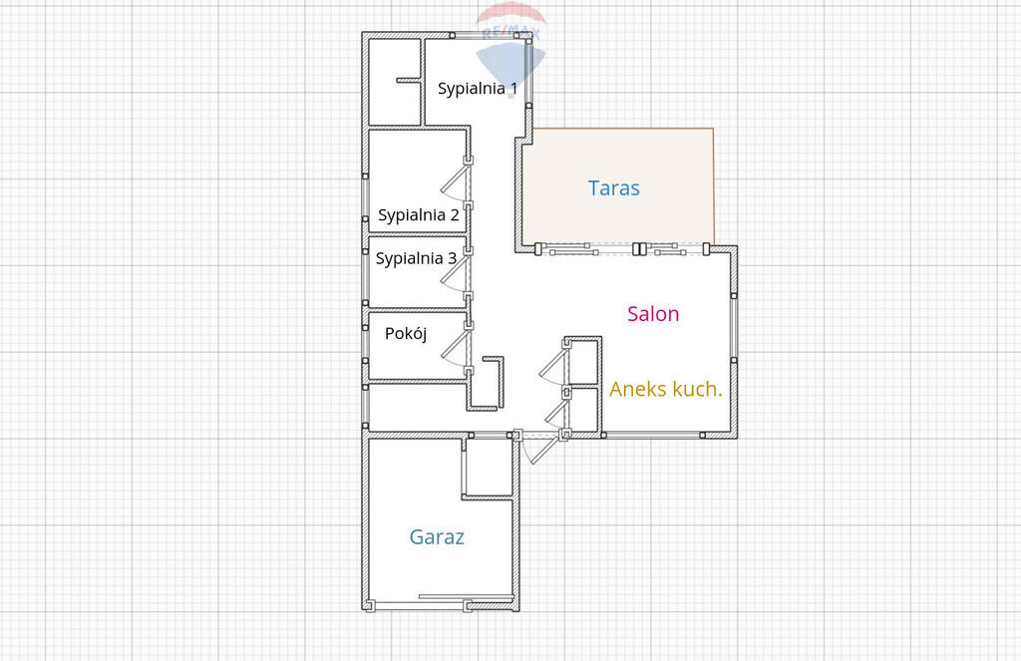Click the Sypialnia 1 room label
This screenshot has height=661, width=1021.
coord(478,88)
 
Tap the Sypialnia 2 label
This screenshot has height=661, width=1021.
coord(418,215)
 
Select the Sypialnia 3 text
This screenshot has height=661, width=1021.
coord(416,258)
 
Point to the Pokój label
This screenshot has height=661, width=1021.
coord(406,333)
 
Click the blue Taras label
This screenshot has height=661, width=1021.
coord(613,188)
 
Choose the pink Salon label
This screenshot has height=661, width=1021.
coord(653,314)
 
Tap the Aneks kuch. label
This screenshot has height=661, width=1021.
coord(665,390)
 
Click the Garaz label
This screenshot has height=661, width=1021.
coord(437,537)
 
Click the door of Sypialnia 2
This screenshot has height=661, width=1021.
coord(456,182)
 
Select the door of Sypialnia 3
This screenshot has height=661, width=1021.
coord(456,273)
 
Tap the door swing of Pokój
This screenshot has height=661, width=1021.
coord(456,348)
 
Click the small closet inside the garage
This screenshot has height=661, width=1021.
coord(489,467)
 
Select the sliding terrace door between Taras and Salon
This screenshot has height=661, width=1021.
coord(622,249)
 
